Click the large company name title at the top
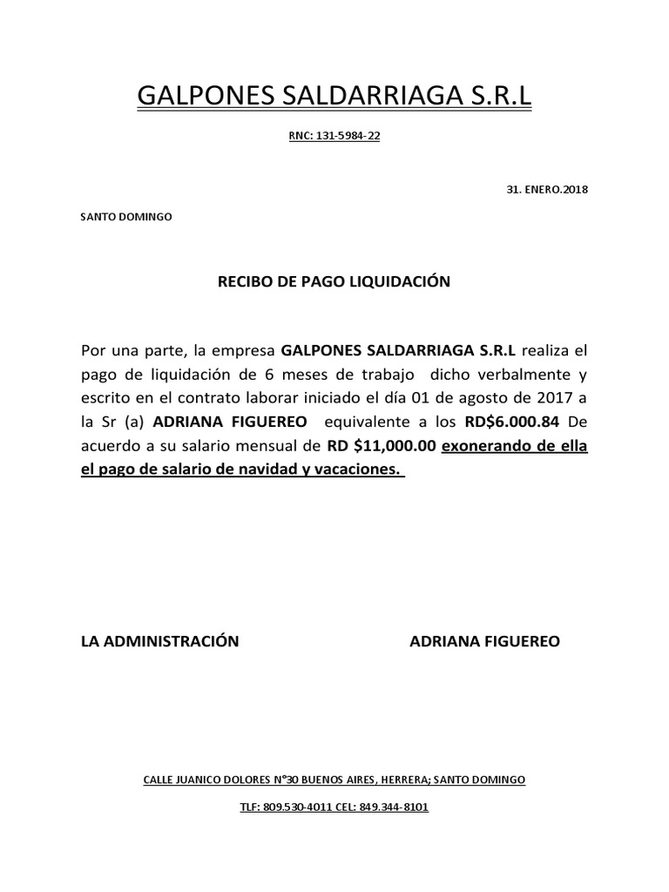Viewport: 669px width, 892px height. click(334, 97)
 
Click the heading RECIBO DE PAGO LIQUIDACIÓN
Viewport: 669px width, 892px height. click(334, 282)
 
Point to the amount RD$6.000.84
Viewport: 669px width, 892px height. click(510, 422)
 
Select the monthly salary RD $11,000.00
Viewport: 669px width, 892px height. click(381, 446)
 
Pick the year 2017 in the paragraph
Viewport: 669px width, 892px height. click(551, 399)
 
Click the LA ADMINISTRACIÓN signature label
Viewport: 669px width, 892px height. click(159, 641)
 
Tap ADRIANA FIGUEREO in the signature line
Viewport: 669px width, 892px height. click(485, 641)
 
